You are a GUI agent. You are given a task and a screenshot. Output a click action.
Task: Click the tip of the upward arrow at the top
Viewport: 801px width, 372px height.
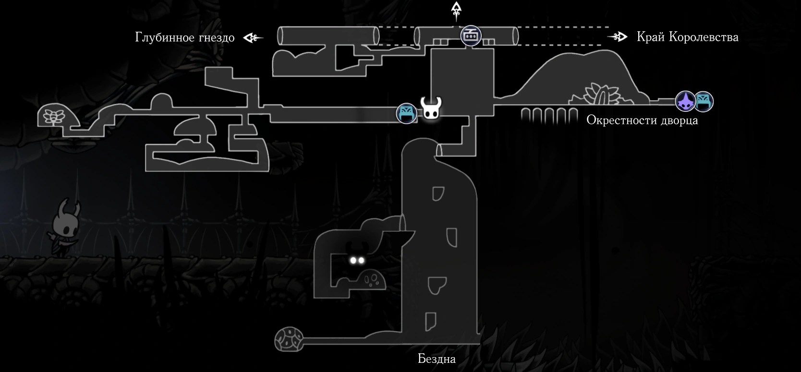456,2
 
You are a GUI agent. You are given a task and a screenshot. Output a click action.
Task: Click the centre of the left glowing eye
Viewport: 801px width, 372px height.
353,260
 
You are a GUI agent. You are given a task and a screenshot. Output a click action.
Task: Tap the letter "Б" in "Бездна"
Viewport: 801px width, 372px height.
421,359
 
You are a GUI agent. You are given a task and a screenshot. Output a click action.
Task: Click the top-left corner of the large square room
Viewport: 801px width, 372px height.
431,49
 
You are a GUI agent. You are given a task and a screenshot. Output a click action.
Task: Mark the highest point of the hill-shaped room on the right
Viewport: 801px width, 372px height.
604,50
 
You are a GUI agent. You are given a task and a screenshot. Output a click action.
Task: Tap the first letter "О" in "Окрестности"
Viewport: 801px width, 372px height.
591,120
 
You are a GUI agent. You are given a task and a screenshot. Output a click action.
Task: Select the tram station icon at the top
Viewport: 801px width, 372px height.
471,36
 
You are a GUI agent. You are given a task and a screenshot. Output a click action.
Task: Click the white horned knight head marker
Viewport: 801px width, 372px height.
431,108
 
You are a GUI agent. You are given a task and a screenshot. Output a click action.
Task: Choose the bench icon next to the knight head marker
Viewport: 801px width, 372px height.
407,113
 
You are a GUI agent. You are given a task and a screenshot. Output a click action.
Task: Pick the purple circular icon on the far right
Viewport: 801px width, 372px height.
685,101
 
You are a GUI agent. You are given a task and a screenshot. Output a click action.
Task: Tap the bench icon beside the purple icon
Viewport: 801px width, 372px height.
704,101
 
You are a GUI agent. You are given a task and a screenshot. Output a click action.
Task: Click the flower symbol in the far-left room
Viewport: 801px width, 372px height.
53,117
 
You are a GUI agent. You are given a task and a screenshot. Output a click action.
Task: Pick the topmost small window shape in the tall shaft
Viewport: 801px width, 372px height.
438,193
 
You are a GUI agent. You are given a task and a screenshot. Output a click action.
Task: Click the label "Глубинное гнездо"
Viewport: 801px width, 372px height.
185,37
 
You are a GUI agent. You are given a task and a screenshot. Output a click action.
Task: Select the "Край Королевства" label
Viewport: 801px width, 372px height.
687,37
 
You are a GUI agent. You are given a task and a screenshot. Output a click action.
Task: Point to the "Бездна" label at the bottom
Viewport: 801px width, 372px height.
437,359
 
